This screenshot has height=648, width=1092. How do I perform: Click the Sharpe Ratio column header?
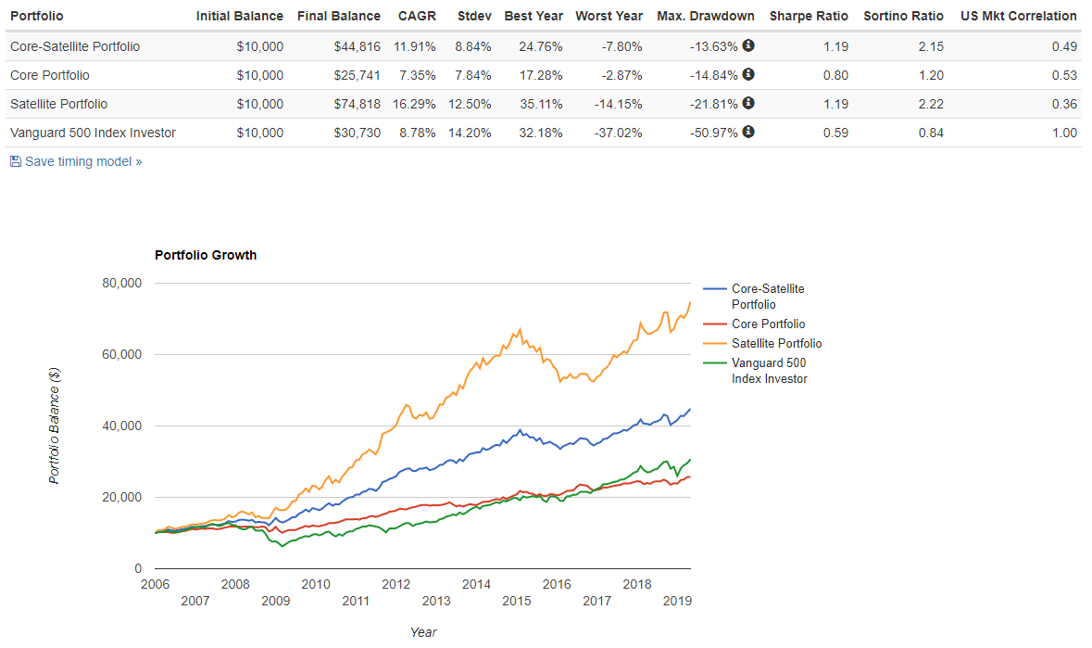(x=809, y=16)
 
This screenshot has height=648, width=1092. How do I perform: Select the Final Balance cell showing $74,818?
(x=357, y=104)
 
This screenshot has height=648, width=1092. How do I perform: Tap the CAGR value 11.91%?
(x=416, y=45)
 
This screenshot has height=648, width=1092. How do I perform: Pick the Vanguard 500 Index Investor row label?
(x=93, y=133)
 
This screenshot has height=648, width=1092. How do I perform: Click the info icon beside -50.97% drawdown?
(x=748, y=132)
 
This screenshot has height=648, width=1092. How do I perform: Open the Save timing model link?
(x=82, y=161)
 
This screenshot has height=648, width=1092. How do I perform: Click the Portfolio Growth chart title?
(x=206, y=255)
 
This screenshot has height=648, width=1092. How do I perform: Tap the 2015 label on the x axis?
(x=517, y=602)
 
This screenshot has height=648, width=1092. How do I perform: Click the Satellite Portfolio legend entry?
(x=776, y=343)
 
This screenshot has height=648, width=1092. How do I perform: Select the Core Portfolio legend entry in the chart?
(x=768, y=324)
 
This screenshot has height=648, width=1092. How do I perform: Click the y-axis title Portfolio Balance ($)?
(x=55, y=425)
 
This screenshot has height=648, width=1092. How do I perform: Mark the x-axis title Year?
(x=423, y=632)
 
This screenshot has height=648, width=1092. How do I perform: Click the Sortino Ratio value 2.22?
(x=930, y=104)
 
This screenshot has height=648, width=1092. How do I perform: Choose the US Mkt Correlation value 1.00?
(x=1064, y=133)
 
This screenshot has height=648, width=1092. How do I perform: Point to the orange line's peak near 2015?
(x=521, y=329)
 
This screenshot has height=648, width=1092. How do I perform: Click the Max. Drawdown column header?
(x=705, y=16)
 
